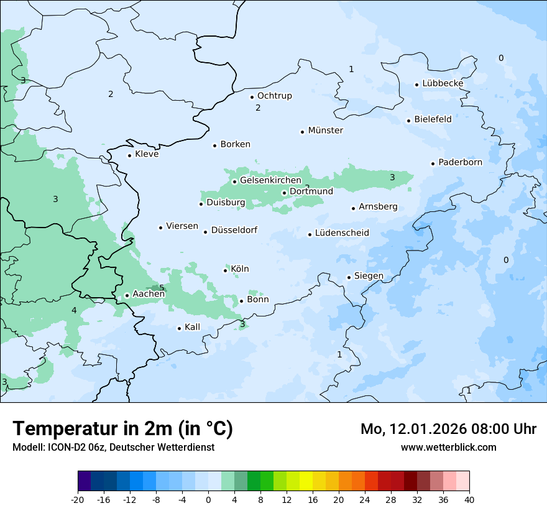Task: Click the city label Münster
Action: click(x=325, y=131)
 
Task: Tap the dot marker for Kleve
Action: click(x=129, y=155)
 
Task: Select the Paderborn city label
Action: click(x=460, y=162)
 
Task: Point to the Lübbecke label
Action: click(x=443, y=83)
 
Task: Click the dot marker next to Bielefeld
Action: click(x=408, y=121)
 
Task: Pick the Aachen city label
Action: click(x=149, y=294)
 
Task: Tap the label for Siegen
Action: click(x=369, y=276)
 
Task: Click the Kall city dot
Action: click(x=179, y=328)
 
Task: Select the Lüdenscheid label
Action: click(x=342, y=233)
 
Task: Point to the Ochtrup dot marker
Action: click(x=252, y=97)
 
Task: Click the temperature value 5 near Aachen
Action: click(x=162, y=288)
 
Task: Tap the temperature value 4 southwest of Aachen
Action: click(x=74, y=310)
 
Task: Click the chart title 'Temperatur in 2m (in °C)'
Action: click(x=122, y=429)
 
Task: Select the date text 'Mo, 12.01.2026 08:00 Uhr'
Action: click(x=448, y=429)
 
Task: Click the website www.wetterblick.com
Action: click(x=448, y=447)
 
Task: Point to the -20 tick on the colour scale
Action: click(x=78, y=499)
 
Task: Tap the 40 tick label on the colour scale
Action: click(x=469, y=499)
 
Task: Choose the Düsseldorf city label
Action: click(x=234, y=231)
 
